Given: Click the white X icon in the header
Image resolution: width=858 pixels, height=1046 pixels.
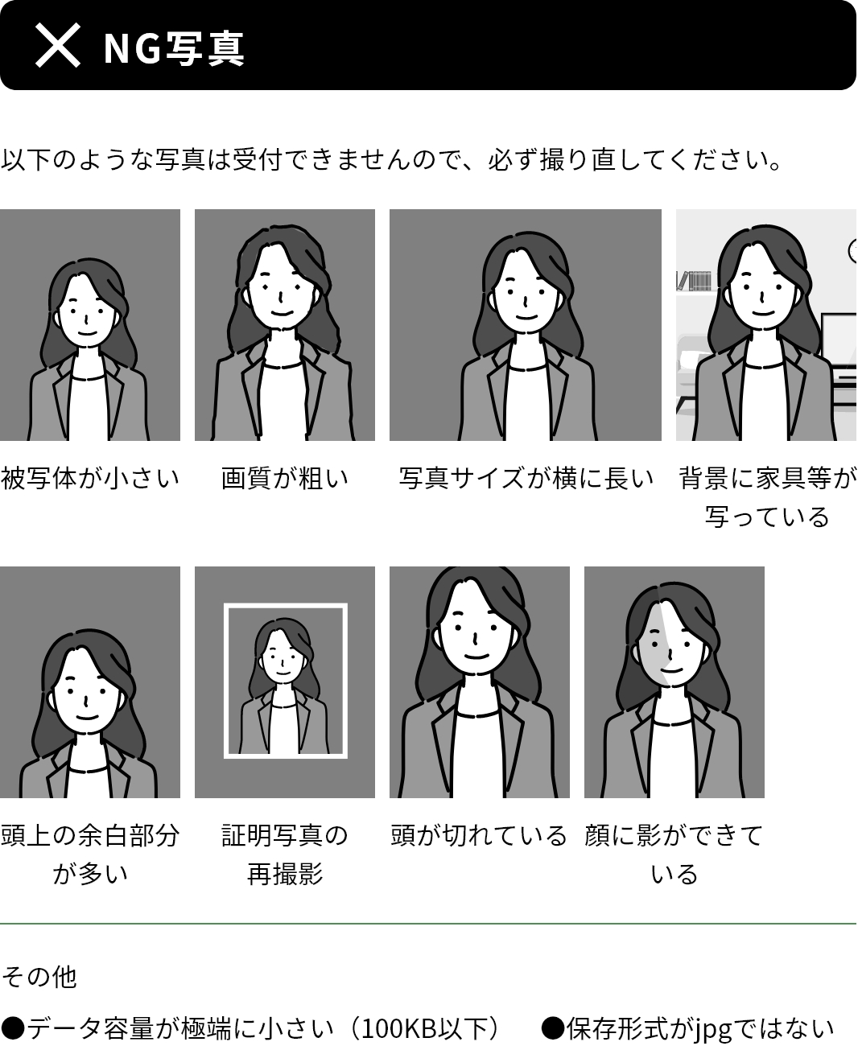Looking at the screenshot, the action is [58, 45].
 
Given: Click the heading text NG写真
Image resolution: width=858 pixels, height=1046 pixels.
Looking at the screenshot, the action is [174, 48].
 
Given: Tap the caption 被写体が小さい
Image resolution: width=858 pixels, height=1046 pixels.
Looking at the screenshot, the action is [90, 479].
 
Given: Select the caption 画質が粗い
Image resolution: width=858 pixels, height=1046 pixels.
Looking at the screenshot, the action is [285, 479].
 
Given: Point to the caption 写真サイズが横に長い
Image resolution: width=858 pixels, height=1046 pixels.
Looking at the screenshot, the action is [526, 479].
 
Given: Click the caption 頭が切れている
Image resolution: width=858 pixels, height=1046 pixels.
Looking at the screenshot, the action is [479, 836].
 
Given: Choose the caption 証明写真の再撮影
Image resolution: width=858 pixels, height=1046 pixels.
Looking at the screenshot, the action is [285, 855].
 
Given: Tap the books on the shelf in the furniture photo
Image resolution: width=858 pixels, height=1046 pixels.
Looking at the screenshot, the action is [695, 281].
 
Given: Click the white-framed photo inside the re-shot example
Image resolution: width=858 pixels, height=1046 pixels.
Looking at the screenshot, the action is [286, 681].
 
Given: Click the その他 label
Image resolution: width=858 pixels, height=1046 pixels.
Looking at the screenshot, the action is [39, 977].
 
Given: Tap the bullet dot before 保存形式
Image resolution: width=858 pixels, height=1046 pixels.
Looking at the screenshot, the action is [552, 1028].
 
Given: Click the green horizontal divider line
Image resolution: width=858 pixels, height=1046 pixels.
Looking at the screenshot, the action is [428, 924].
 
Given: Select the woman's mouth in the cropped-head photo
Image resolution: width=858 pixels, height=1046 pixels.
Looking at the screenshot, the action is [476, 657].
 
